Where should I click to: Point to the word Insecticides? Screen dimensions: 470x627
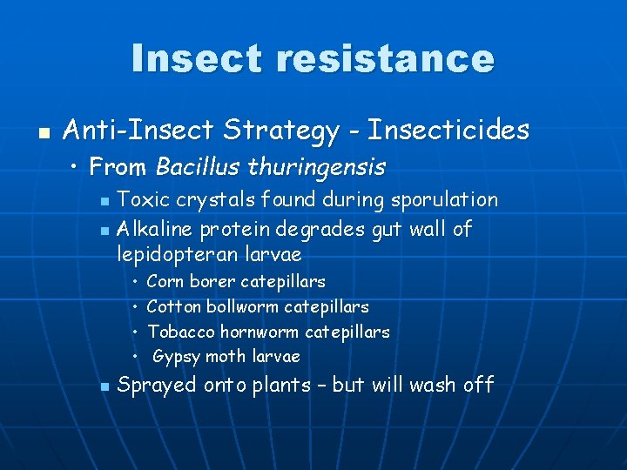coord(448,131)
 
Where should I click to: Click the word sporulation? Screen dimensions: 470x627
coord(444,200)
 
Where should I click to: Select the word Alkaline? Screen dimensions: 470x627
coord(155,229)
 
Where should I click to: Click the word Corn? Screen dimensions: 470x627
coord(165,282)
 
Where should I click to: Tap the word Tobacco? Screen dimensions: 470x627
coord(181,332)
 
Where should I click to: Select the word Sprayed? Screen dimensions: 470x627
coord(158,385)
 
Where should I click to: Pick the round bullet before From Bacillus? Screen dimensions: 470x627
coord(78,165)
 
